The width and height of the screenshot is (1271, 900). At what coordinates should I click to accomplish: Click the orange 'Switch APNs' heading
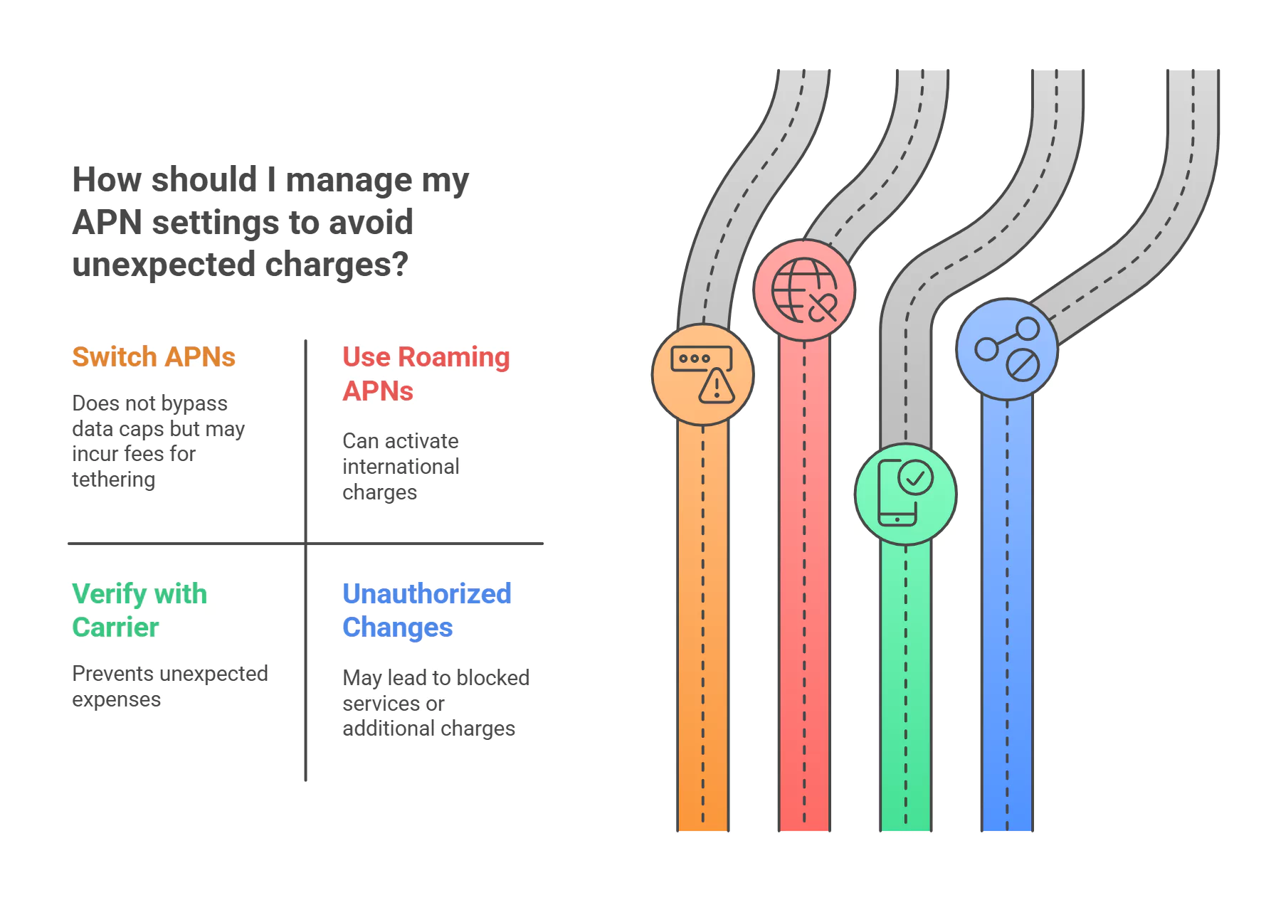[154, 357]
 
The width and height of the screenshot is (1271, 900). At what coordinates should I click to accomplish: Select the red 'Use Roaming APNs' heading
[426, 374]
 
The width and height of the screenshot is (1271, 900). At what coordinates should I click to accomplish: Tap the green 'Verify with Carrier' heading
[139, 610]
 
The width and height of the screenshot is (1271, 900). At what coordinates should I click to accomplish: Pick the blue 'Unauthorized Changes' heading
[427, 610]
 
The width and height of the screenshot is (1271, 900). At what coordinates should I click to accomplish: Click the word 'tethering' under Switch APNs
[114, 480]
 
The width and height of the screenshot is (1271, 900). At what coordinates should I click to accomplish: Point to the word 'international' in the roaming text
[401, 467]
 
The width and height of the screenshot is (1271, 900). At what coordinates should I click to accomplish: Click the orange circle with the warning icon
[703, 375]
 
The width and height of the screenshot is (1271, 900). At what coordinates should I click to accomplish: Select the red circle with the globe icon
[804, 290]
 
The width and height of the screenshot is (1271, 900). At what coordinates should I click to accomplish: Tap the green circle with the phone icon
[906, 494]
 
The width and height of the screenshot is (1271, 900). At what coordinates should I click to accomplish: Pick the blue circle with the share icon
[1007, 349]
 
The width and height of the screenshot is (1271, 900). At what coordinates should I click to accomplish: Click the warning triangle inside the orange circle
[717, 386]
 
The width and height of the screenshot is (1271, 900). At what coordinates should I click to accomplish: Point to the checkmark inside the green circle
[916, 477]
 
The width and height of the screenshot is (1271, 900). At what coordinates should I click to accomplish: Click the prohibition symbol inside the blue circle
[1023, 365]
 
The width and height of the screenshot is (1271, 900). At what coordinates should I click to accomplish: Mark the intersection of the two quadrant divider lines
[306, 544]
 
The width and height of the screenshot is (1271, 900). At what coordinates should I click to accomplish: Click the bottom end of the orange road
[703, 830]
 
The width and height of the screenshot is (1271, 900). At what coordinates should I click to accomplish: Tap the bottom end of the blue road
[1007, 830]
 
